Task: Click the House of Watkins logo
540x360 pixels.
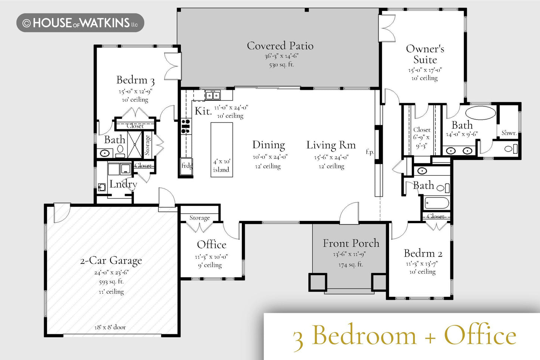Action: pyautogui.click(x=80, y=23)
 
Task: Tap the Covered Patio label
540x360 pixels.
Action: pyautogui.click(x=280, y=46)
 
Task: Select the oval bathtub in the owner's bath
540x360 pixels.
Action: pyautogui.click(x=481, y=113)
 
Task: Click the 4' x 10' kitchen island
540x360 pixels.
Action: pyautogui.click(x=222, y=150)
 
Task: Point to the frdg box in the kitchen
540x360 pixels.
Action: pyautogui.click(x=186, y=166)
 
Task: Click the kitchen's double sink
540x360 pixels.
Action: pyautogui.click(x=212, y=95)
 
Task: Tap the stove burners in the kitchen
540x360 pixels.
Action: pyautogui.click(x=186, y=126)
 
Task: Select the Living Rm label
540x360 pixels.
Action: pyautogui.click(x=331, y=145)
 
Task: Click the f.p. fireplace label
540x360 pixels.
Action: pyautogui.click(x=370, y=152)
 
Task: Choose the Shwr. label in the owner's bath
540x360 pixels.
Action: pyautogui.click(x=509, y=133)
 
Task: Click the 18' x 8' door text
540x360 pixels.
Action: pyautogui.click(x=110, y=327)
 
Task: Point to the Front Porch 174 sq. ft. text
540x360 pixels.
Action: pyautogui.click(x=351, y=265)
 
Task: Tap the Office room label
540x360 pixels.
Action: pyautogui.click(x=212, y=244)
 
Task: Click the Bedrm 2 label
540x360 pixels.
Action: pyautogui.click(x=423, y=253)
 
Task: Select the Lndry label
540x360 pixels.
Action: pyautogui.click(x=123, y=184)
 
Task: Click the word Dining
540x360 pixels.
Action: pyautogui.click(x=269, y=145)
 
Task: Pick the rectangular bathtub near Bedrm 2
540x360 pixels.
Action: pyautogui.click(x=436, y=203)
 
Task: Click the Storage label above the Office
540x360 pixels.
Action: pyautogui.click(x=200, y=218)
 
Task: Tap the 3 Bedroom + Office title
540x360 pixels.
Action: pyautogui.click(x=404, y=335)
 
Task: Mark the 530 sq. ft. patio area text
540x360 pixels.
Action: pyautogui.click(x=281, y=65)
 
